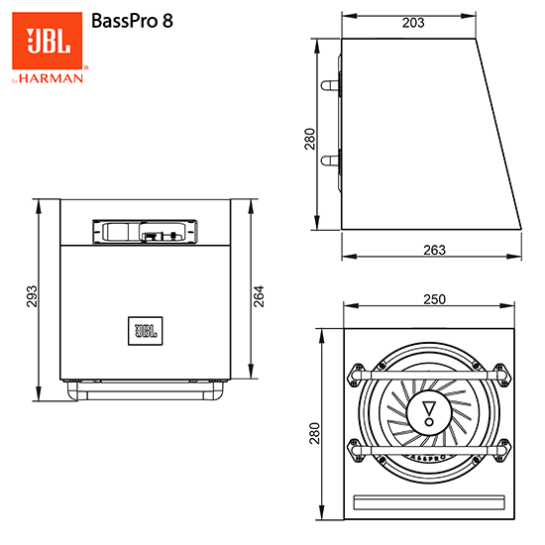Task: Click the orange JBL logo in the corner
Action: tap(48, 42)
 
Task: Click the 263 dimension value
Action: tap(433, 250)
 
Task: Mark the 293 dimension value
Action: tap(31, 297)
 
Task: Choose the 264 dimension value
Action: tap(260, 297)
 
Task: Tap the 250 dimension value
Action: tap(433, 298)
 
